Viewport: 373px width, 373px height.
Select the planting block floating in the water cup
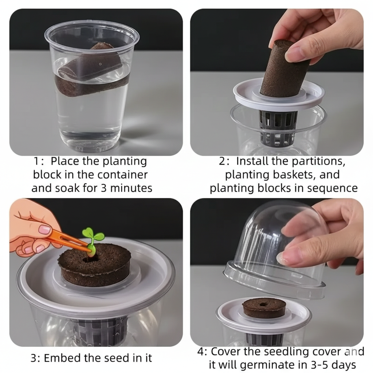pyautogui.click(x=91, y=71)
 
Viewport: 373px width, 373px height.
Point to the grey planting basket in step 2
pyautogui.click(x=277, y=129)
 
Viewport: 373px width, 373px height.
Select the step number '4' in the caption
pyautogui.click(x=200, y=352)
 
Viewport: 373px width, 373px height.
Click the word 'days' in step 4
pyautogui.click(x=345, y=365)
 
